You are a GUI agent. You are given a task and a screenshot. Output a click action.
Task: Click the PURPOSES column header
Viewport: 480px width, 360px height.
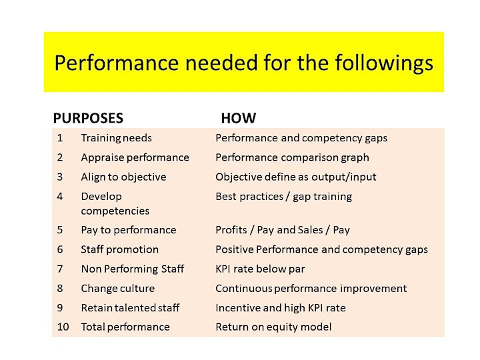click(x=88, y=118)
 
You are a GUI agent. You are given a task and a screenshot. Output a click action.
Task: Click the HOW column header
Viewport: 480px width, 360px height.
click(x=239, y=118)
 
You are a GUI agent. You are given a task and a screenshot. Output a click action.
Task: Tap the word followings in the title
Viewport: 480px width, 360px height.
click(x=384, y=64)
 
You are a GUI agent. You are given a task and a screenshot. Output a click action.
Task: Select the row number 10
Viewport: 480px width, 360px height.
click(x=63, y=327)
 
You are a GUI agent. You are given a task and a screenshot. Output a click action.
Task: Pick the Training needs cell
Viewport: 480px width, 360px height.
click(x=116, y=138)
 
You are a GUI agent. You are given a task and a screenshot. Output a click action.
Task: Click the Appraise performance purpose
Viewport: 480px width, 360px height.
click(x=135, y=157)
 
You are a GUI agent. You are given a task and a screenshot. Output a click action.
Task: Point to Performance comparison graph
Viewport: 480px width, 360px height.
click(x=293, y=157)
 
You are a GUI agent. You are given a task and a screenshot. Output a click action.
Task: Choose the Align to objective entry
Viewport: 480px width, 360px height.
click(x=124, y=177)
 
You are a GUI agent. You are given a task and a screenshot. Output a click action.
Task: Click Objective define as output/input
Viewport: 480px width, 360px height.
click(x=296, y=177)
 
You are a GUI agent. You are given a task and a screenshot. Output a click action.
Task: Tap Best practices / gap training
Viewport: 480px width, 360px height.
click(x=284, y=197)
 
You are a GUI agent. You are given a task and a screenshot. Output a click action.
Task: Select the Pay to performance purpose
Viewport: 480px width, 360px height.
click(x=129, y=230)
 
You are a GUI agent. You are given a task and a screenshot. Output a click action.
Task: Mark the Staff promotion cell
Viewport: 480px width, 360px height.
click(x=120, y=249)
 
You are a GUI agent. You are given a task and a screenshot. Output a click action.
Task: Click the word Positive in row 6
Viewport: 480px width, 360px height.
click(x=235, y=249)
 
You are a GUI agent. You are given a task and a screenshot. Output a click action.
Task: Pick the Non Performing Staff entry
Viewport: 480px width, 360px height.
click(x=133, y=269)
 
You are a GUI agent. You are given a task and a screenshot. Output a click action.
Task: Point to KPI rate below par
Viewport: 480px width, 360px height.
click(x=260, y=269)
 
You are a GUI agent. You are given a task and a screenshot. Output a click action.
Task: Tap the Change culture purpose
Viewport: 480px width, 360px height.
click(x=118, y=289)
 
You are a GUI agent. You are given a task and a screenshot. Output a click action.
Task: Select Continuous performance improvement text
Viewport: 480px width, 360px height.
click(x=311, y=289)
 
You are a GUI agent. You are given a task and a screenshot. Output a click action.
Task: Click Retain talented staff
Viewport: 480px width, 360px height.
click(x=130, y=307)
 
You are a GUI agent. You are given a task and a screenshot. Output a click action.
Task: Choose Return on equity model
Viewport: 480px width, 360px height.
click(x=274, y=327)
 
